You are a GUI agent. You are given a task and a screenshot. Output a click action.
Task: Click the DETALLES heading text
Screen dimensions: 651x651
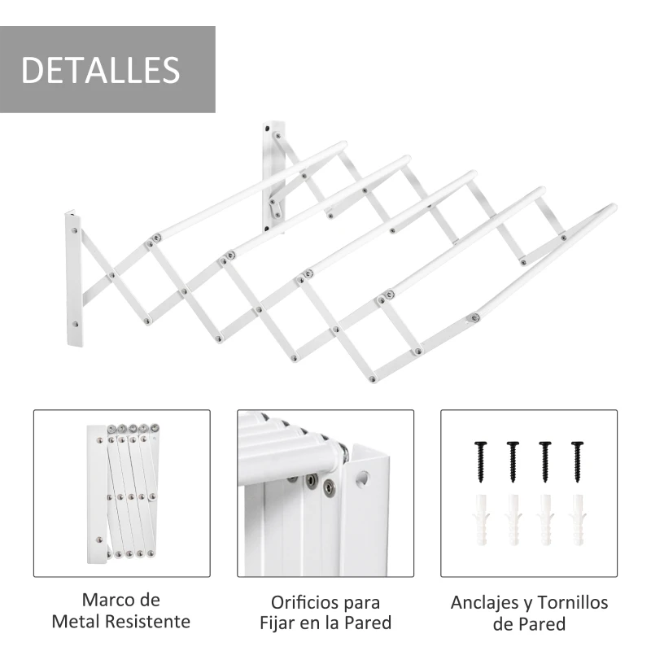(100, 69)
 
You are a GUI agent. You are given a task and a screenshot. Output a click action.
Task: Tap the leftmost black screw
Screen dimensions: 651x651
(481, 461)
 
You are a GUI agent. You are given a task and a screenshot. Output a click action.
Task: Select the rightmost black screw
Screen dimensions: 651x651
(577, 461)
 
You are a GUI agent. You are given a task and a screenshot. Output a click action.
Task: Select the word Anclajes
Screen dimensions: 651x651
(487, 603)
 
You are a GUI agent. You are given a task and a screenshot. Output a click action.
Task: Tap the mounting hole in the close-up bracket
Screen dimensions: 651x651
(363, 478)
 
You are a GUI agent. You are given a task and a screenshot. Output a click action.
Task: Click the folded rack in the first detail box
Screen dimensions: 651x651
(122, 492)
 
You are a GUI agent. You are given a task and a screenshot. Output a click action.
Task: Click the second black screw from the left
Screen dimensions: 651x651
(513, 461)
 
